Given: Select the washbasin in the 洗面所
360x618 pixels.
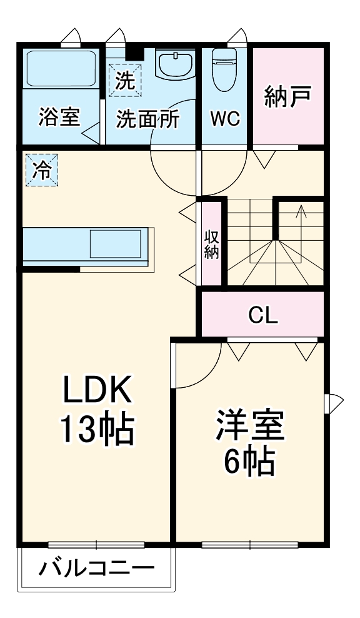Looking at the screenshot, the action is (x=176, y=63).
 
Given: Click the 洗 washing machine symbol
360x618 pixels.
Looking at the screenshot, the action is (x=125, y=81).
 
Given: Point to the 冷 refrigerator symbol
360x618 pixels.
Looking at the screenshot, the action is (x=42, y=170).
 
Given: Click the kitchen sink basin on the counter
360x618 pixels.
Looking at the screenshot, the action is (x=116, y=244).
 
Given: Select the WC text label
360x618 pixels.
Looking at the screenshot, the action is (x=225, y=118).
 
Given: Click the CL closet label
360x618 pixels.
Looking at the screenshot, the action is (x=263, y=315).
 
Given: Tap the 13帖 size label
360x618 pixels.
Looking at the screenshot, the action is (x=97, y=430).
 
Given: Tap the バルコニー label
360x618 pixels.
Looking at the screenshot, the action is (x=96, y=569).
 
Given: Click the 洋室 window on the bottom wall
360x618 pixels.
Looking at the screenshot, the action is (x=250, y=545).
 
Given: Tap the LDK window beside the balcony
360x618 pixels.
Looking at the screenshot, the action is (x=96, y=545).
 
